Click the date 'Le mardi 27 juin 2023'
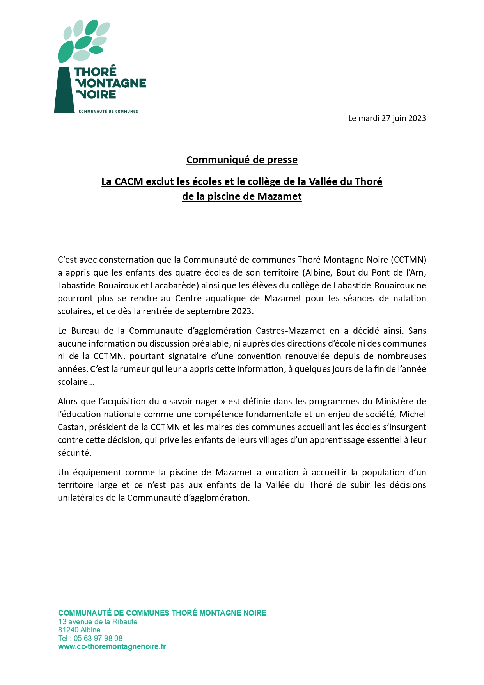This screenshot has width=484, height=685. (x=387, y=118)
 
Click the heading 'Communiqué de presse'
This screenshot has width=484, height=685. (x=242, y=160)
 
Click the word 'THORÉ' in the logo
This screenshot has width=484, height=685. (x=96, y=72)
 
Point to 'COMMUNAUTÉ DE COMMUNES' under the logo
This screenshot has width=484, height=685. (x=108, y=112)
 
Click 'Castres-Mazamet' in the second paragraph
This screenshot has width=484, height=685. (x=290, y=331)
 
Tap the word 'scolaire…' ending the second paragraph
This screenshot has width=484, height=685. (x=76, y=382)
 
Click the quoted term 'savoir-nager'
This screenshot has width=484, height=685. (x=193, y=401)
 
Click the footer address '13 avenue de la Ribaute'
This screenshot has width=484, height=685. (x=98, y=621)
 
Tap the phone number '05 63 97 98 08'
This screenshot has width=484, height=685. (x=98, y=638)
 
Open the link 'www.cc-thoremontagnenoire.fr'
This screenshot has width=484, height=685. (x=112, y=646)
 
